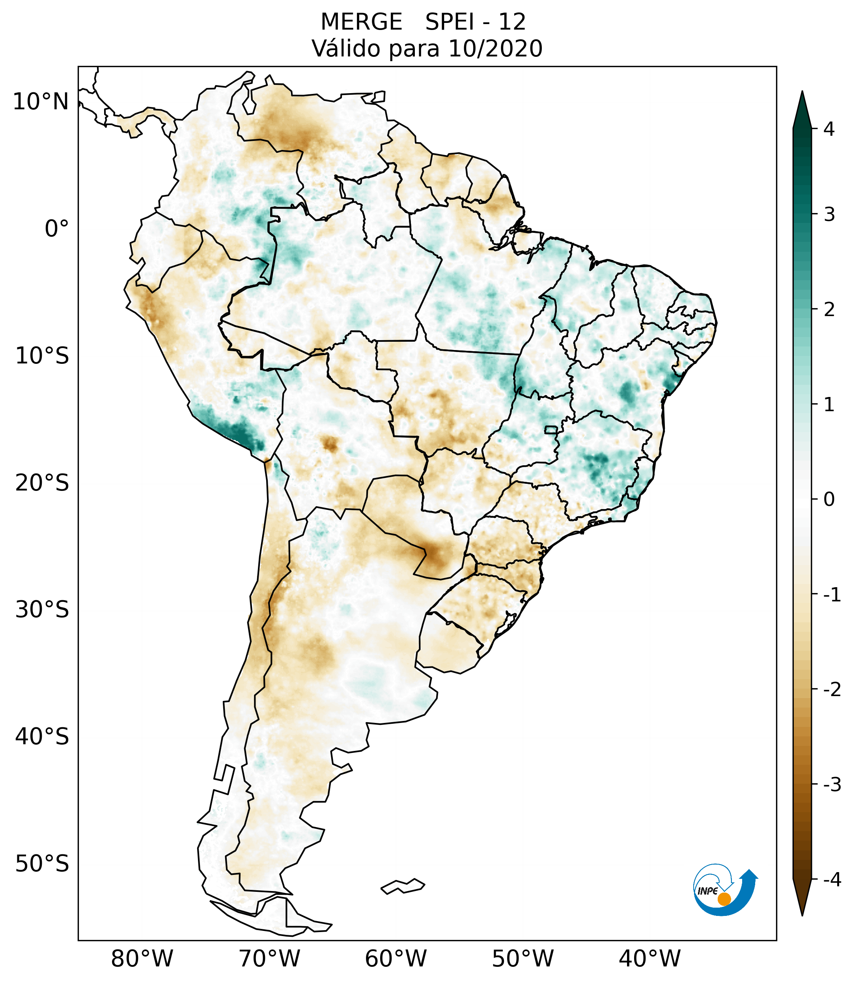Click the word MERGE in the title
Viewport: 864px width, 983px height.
pos(361,22)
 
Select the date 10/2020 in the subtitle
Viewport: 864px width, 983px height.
pos(495,49)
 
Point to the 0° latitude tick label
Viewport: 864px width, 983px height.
pos(57,229)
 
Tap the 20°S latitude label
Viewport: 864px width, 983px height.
pos(42,483)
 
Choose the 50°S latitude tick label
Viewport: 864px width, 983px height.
pos(42,864)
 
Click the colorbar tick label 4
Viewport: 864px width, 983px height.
pos(829,129)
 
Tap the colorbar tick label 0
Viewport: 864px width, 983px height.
pos(829,500)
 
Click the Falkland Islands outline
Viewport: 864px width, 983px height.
pos(403,886)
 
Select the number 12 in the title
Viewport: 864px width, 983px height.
pos(512,22)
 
